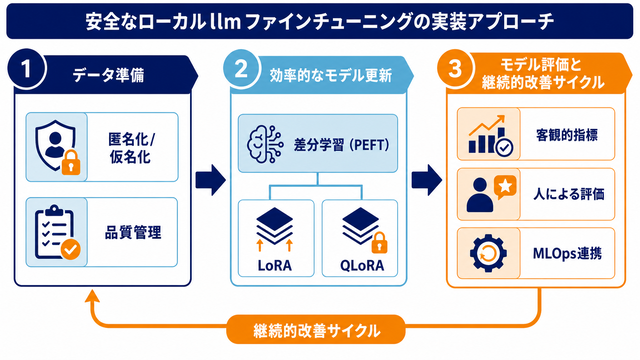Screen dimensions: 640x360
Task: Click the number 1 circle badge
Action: tap(27, 69)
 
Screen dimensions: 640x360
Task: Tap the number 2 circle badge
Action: tap(241, 68)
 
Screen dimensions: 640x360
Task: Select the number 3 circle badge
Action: tap(456, 68)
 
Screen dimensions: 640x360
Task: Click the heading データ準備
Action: tap(109, 76)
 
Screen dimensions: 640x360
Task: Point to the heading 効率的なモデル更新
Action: tap(331, 76)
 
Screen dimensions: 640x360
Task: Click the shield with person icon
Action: tap(57, 147)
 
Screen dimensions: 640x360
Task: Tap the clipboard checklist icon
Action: tap(57, 233)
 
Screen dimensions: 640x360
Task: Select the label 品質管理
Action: tap(133, 233)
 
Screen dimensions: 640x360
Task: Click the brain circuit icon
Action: tap(265, 144)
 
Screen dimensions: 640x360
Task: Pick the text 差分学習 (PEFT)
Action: tap(341, 145)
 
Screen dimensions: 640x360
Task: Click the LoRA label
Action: tap(275, 266)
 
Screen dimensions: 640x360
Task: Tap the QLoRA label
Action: tap(362, 266)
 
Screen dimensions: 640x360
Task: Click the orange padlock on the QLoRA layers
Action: tap(379, 242)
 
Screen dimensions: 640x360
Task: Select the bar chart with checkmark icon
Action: tap(490, 135)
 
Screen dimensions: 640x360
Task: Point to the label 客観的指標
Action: tap(567, 135)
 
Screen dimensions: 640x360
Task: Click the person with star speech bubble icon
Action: tap(491, 194)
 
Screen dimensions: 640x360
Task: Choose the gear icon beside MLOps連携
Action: tap(489, 253)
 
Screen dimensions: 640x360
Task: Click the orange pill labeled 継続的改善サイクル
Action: tap(316, 330)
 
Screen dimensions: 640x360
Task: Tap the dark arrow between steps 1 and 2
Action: tap(211, 180)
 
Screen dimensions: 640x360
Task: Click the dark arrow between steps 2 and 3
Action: tap(427, 180)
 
